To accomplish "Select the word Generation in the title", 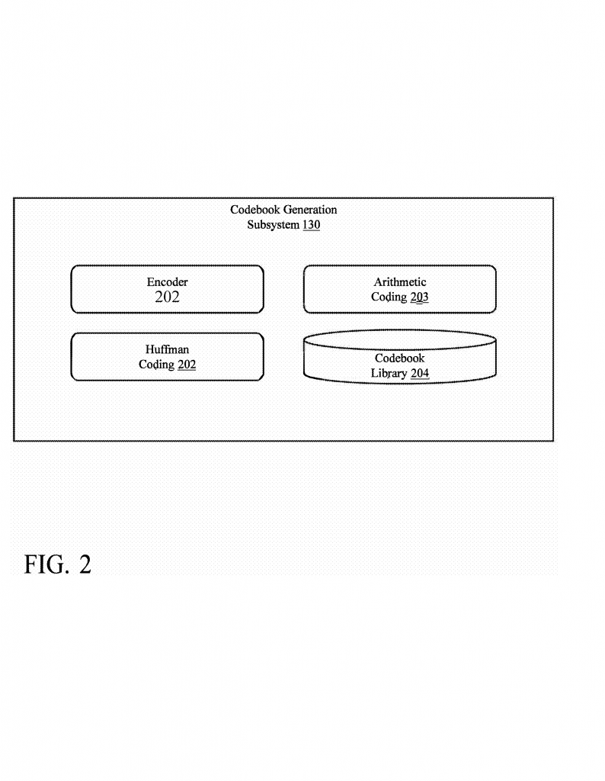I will pyautogui.click(x=310, y=210).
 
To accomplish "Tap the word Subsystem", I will pyautogui.click(x=273, y=225).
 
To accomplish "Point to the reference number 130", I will pyautogui.click(x=311, y=225).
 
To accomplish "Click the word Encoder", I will pyautogui.click(x=167, y=282).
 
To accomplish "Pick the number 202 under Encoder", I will pyautogui.click(x=167, y=297).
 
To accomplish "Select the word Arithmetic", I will pyautogui.click(x=399, y=282).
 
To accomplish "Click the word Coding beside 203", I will pyautogui.click(x=389, y=297).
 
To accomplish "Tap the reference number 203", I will pyautogui.click(x=419, y=297).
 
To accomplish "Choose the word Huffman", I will pyautogui.click(x=167, y=349).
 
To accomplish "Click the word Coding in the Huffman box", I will pyautogui.click(x=156, y=365).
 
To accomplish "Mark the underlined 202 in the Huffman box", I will pyautogui.click(x=187, y=365).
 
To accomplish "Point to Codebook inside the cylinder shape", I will pyautogui.click(x=399, y=358).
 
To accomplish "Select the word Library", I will pyautogui.click(x=389, y=373).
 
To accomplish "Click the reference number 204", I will pyautogui.click(x=420, y=373).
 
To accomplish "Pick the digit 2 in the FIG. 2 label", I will pyautogui.click(x=85, y=565).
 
